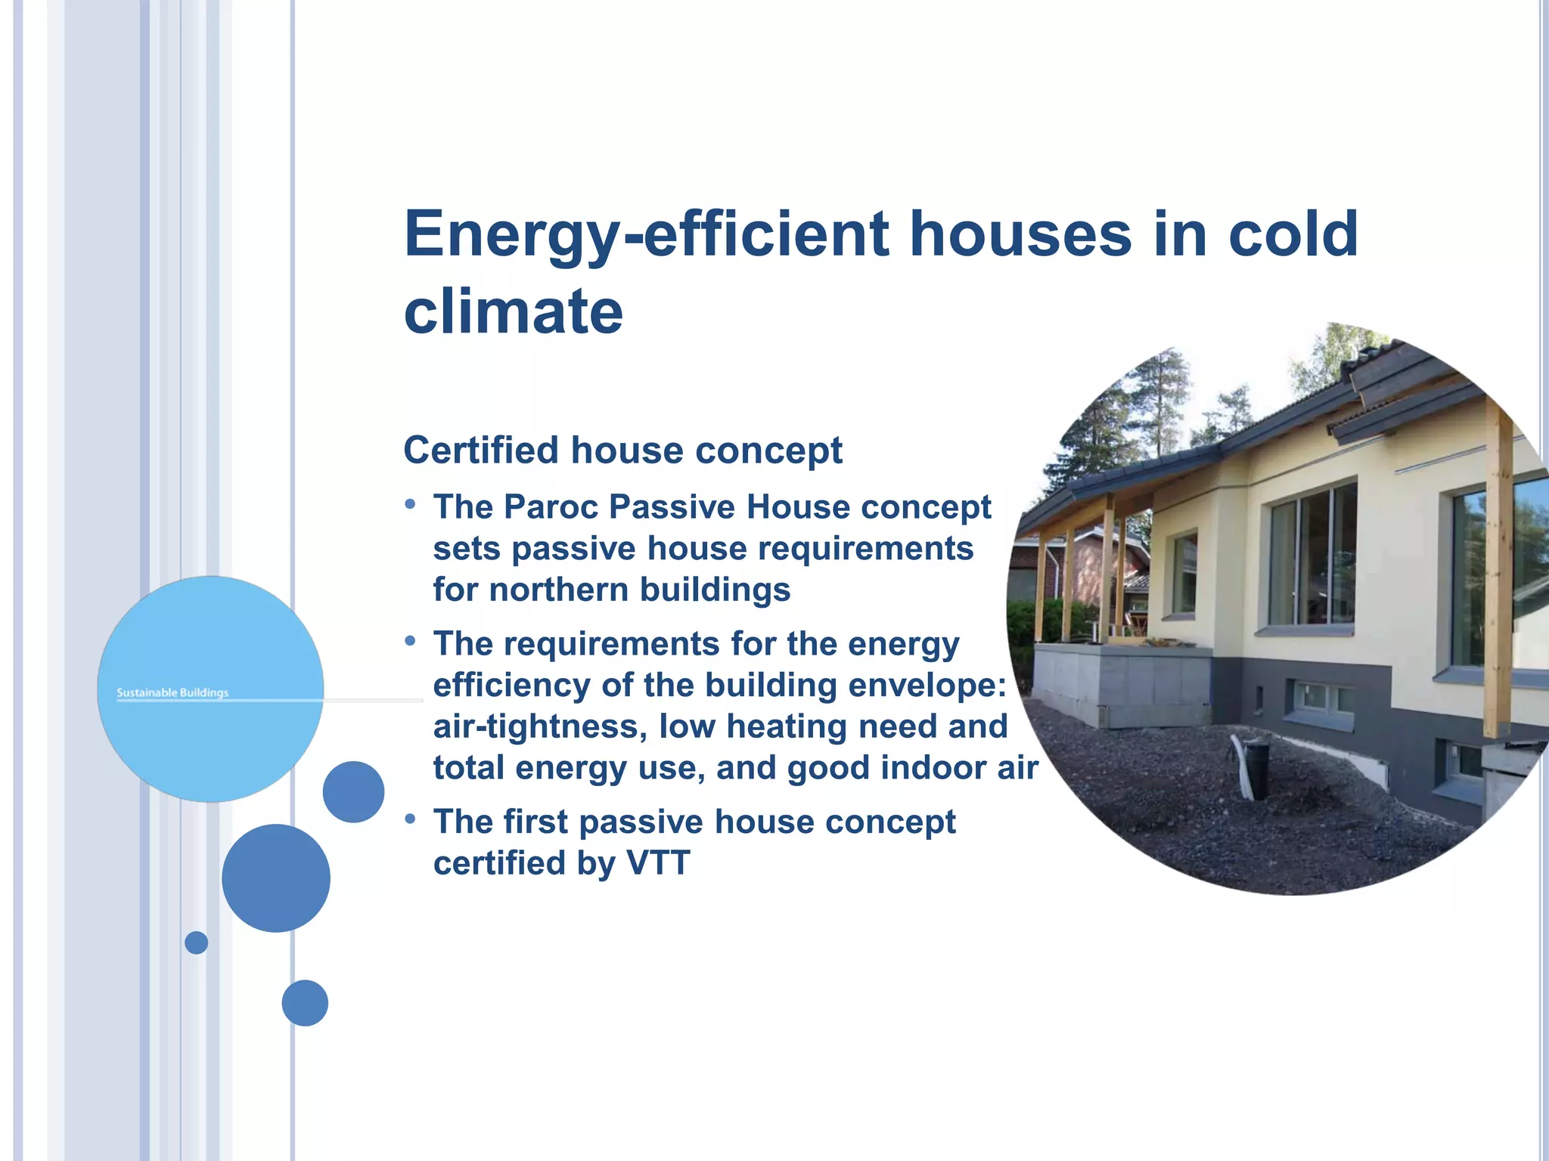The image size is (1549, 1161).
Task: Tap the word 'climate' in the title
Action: (513, 311)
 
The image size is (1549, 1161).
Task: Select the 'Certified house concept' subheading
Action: (622, 450)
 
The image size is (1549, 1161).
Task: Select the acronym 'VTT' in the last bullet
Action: (658, 863)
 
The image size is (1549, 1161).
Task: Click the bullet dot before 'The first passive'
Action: (410, 819)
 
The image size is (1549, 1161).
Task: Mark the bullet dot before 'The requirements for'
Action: (410, 642)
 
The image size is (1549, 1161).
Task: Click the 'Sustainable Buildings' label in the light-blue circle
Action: (172, 692)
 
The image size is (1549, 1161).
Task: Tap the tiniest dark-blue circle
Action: (196, 943)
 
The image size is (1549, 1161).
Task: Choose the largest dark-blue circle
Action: (276, 878)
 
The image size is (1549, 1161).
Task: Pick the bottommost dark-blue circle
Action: (305, 1003)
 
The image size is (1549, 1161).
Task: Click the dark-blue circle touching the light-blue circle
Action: (353, 791)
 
